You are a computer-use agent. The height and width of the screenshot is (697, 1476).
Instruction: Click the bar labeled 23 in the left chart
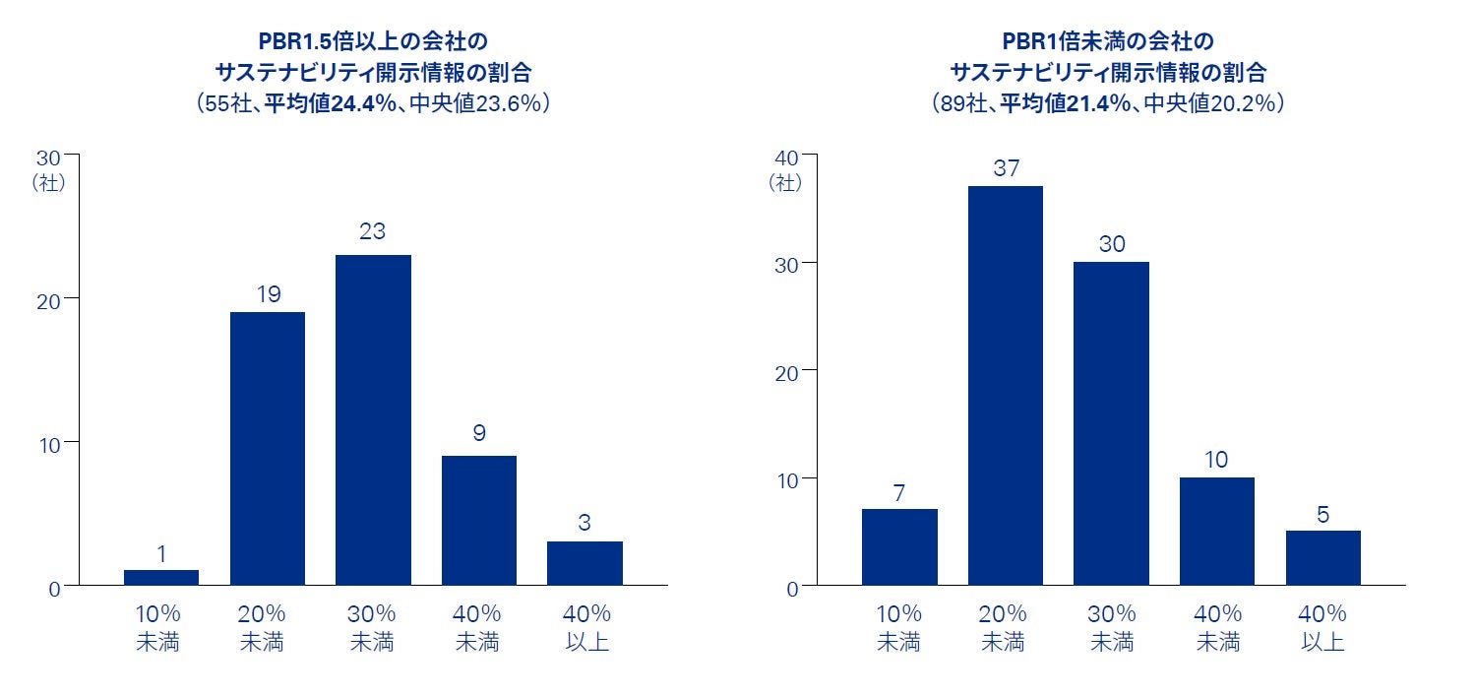pos(373,420)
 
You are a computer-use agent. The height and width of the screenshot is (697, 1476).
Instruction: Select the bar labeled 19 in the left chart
pos(268,449)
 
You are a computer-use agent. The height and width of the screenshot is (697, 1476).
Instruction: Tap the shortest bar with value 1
pos(161,578)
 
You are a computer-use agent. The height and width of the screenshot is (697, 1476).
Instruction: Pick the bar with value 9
pos(479,521)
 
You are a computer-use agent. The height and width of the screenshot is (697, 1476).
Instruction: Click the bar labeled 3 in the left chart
pos(584,563)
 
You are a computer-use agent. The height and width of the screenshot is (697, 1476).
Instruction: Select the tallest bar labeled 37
pos(1006,386)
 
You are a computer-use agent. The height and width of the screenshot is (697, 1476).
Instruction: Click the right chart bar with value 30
pos(1111,423)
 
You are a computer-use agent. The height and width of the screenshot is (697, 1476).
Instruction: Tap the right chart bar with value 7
pos(899,547)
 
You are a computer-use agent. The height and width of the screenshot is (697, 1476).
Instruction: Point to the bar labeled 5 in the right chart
pos(1322,558)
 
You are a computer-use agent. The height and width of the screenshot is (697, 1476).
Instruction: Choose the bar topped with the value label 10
pos(1217,532)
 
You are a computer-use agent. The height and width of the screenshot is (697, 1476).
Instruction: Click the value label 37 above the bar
pos(1006,168)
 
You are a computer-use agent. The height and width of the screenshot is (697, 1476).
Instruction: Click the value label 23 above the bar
pos(373,232)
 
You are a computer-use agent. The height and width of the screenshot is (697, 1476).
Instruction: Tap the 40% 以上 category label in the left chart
pos(584,628)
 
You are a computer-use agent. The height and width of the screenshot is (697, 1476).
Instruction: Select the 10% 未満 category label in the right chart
pos(899,628)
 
